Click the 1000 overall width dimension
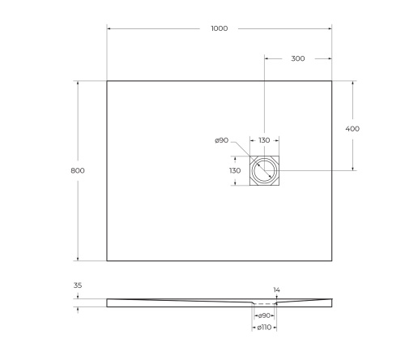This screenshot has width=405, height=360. tap(219, 28)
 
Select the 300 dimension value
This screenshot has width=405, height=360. tap(298, 59)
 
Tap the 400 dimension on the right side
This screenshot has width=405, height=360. tap(352, 129)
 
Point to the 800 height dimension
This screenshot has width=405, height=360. tap(78, 170)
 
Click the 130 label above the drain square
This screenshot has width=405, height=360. tap(264, 140)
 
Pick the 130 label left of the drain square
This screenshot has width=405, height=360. tap(235, 170)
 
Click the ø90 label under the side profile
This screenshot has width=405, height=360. tap(263, 314)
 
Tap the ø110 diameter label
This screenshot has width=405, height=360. tap(263, 328)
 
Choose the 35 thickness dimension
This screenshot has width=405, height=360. tap(77, 286)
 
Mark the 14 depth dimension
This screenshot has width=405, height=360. tap(276, 289)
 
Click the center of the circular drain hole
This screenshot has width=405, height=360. tap(264, 170)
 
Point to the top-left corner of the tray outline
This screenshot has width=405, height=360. tap(107, 80)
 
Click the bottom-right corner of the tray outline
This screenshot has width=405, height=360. tap(332, 261)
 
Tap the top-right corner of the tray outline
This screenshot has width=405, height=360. tap(332, 80)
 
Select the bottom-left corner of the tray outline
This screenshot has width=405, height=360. tap(107, 261)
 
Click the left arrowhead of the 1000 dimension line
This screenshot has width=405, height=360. tap(109, 28)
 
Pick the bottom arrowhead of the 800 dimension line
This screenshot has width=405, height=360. tap(78, 259)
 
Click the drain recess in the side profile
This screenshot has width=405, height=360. tap(264, 304)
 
